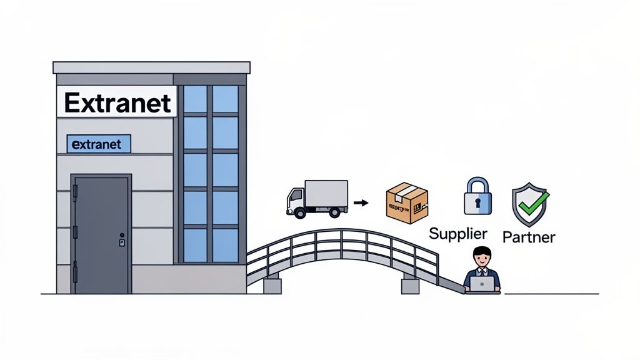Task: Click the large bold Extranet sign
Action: [117, 102]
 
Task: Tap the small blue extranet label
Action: [98, 144]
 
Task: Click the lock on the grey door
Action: [122, 241]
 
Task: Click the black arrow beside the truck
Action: [361, 202]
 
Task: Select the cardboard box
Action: [407, 203]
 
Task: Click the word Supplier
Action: [458, 234]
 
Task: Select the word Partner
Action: [529, 237]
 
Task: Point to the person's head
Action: [482, 257]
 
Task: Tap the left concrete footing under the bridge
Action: [272, 286]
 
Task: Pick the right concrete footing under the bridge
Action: [410, 286]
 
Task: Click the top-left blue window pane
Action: [195, 99]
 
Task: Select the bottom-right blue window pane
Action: [225, 245]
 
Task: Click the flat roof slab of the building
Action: [151, 67]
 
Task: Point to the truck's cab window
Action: [294, 193]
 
